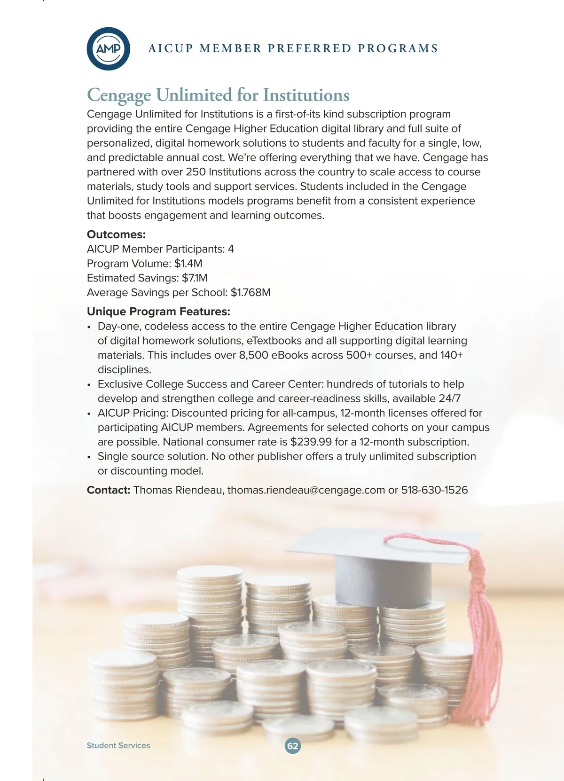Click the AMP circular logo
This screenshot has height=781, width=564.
108,48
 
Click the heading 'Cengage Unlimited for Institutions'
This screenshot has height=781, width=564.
218,95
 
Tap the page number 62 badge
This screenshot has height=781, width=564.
292,746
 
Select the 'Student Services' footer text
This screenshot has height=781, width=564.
118,745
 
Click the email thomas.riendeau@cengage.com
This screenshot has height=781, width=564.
306,490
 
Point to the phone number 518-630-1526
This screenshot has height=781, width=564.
434,490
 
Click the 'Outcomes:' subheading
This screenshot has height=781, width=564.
116,234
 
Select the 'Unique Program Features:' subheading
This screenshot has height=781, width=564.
158,312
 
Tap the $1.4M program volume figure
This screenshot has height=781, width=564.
188,264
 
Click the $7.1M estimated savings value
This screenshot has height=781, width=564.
195,278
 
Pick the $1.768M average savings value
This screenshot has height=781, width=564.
251,293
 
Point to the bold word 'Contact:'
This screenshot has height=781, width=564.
109,490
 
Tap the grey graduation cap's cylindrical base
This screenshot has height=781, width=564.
383,580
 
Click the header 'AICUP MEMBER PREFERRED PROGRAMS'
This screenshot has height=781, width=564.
293,48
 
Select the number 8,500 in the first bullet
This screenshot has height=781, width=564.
253,355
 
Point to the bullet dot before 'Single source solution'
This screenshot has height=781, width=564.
89,457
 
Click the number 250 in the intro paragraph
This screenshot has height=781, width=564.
196,172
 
